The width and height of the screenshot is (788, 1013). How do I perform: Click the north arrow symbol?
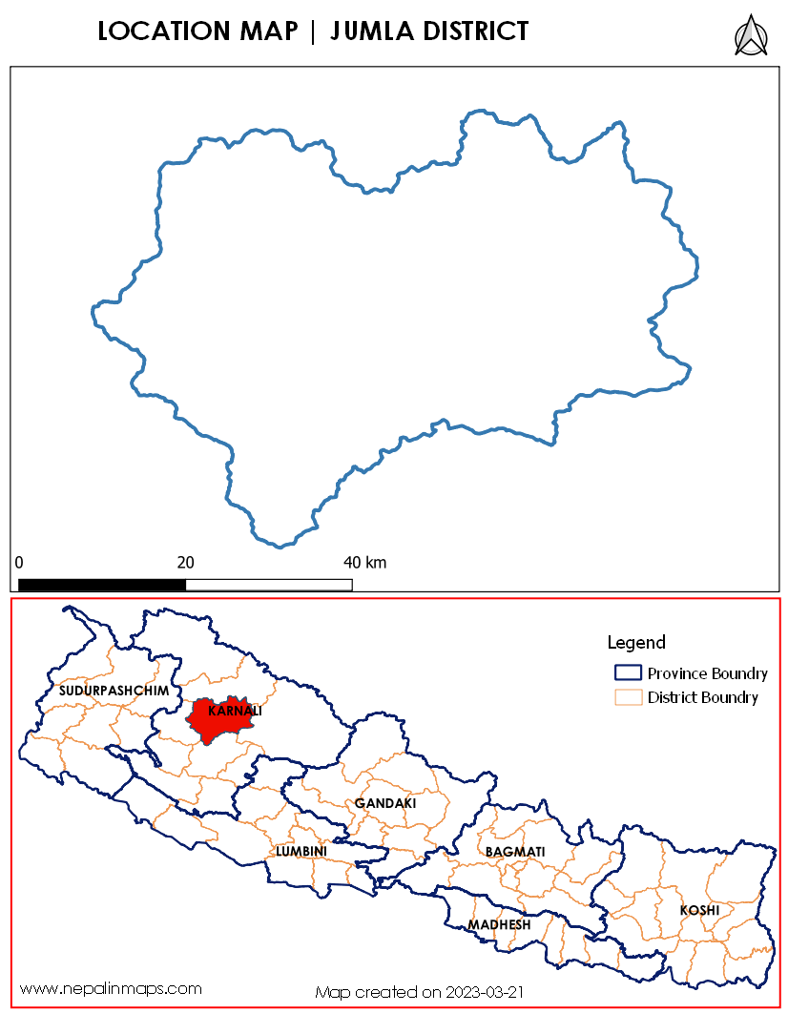[x=751, y=36]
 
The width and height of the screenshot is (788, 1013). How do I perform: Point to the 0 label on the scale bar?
[x=19, y=562]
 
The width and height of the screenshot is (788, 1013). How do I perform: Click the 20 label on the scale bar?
[x=185, y=562]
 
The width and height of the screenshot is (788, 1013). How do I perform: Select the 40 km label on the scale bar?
[x=364, y=562]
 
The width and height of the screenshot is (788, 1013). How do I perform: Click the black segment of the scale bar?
[x=102, y=584]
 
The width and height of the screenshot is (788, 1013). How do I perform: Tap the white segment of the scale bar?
[x=269, y=584]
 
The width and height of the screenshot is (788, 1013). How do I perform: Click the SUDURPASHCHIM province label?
[x=114, y=690]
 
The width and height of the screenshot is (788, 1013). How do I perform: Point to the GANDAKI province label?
[x=385, y=804]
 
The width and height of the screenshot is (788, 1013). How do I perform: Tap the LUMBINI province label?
[x=301, y=851]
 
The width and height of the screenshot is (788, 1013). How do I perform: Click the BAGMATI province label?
[x=515, y=851]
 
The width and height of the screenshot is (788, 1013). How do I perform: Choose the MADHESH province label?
[x=499, y=925]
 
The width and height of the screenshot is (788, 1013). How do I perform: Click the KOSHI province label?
[x=699, y=911]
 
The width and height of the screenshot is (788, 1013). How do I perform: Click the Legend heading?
[x=636, y=642]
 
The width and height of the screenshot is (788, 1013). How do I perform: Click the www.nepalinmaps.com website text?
[x=111, y=988]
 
